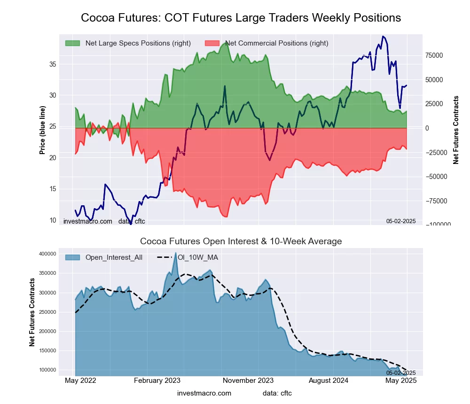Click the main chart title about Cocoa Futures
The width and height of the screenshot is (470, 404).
pyautogui.click(x=241, y=18)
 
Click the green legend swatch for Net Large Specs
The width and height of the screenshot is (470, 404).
pyautogui.click(x=73, y=43)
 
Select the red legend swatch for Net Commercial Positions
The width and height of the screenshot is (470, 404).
pyautogui.click(x=212, y=43)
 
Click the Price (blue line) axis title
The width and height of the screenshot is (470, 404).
pyautogui.click(x=43, y=130)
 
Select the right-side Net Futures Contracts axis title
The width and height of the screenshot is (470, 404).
pyautogui.click(x=456, y=130)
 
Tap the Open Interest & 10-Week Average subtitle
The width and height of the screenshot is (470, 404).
pyautogui.click(x=241, y=241)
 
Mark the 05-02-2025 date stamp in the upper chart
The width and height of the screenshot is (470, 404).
pyautogui.click(x=401, y=221)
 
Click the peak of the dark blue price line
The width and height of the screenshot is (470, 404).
pyautogui.click(x=384, y=36)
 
